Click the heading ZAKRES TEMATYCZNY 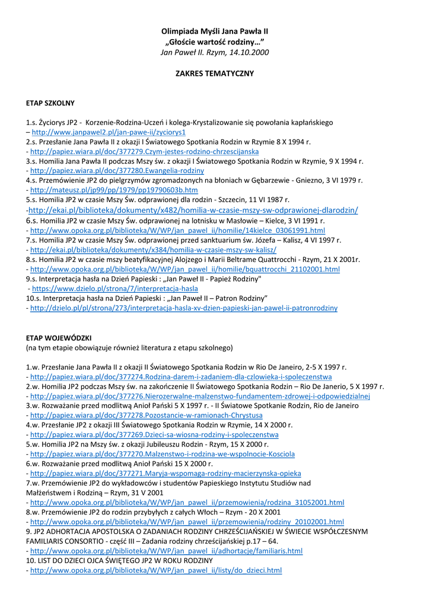tap(215, 74)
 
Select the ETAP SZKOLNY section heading tap(50, 103)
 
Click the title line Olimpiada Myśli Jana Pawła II tap(215, 31)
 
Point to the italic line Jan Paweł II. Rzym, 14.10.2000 tap(215, 52)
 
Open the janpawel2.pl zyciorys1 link tap(109, 132)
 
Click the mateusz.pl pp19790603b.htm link tap(114, 190)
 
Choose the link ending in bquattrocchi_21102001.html tap(184, 269)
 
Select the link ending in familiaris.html tap(166, 551)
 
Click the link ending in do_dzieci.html tap(155, 570)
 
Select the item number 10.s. tap(35, 298)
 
